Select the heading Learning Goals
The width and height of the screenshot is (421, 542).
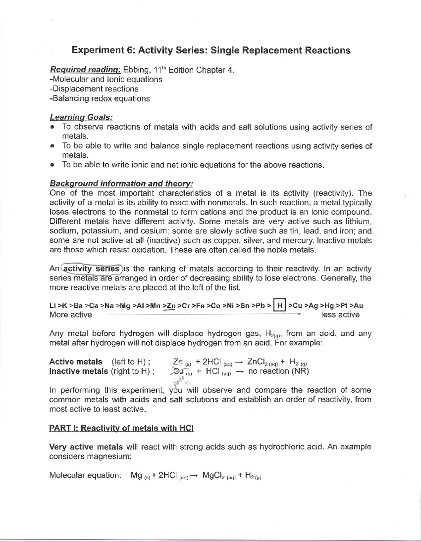point(81,117)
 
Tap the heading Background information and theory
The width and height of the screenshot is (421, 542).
point(121,184)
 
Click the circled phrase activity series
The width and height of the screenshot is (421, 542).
point(92,269)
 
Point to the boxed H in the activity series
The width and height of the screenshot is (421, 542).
point(280,306)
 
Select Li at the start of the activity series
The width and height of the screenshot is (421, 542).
point(53,306)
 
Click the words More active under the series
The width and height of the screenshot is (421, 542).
point(71,315)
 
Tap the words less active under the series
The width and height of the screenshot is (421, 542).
point(340,315)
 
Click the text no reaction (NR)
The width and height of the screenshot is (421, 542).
point(278,371)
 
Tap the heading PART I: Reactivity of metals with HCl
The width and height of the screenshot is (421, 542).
point(121,428)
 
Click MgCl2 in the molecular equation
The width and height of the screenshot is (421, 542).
point(215,475)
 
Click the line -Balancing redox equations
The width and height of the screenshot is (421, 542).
point(100,99)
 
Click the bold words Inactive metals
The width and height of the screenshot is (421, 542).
point(79,371)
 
